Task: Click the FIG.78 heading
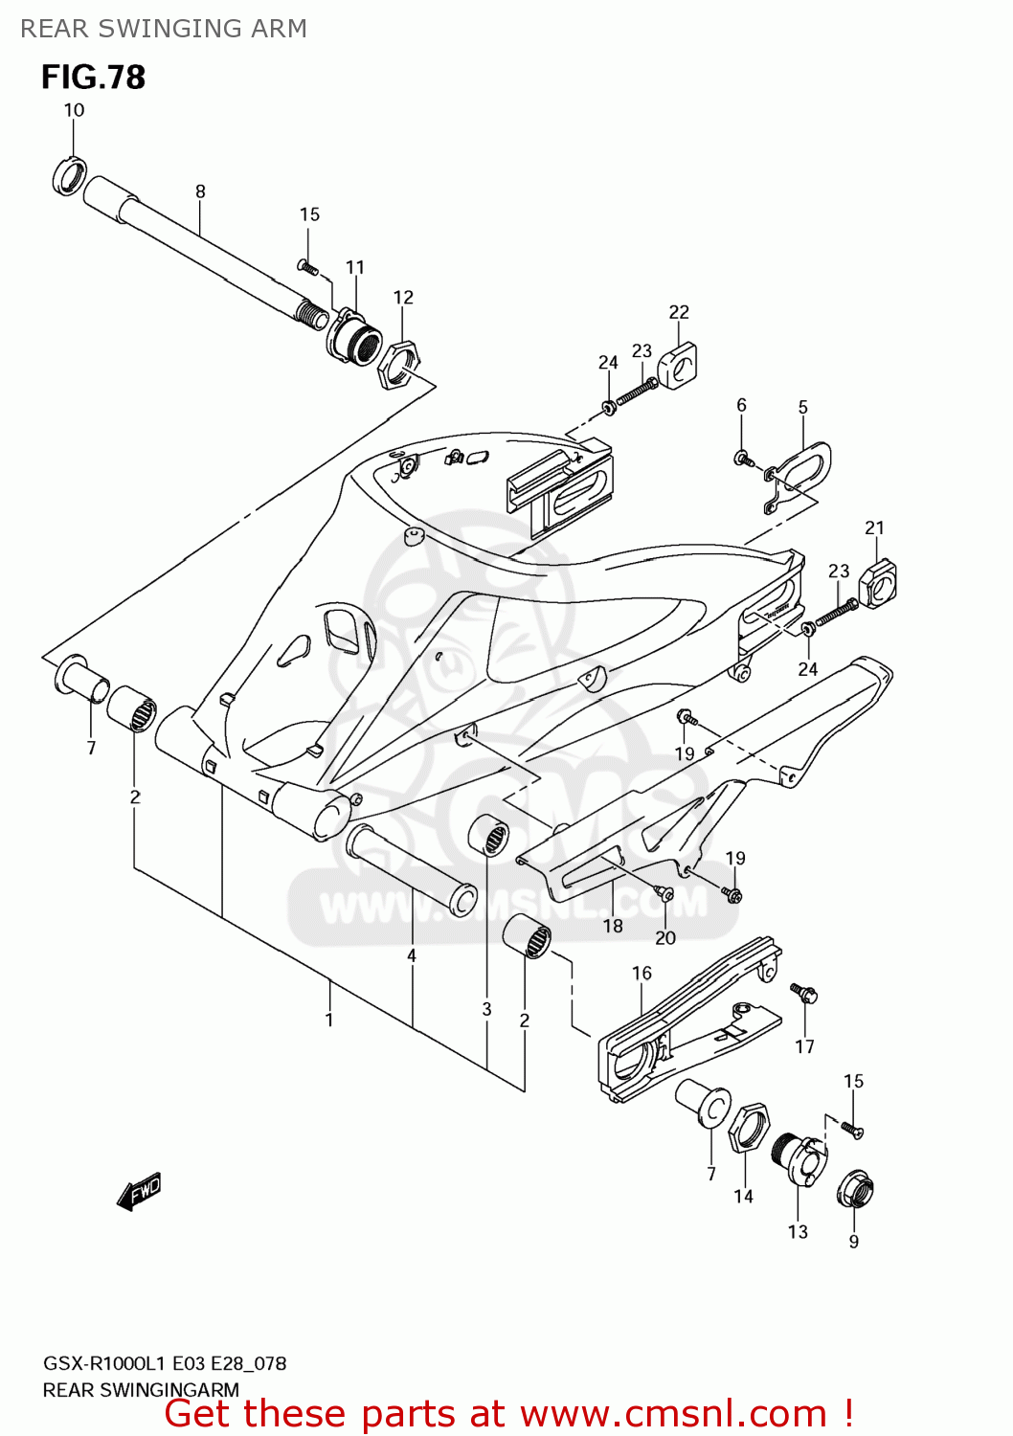coord(93,78)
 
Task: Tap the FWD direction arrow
coord(139,1192)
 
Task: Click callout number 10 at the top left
coord(74,110)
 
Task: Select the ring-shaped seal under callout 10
coord(68,176)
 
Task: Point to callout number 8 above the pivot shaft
coord(200,191)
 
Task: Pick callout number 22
coord(679,312)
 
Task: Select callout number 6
coord(741,405)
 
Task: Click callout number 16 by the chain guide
coord(642,973)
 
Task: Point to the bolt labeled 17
coord(803,993)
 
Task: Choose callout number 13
coord(798,1232)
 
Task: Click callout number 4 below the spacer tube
coord(412,955)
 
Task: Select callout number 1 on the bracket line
coord(329,1020)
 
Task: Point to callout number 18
coord(613,926)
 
